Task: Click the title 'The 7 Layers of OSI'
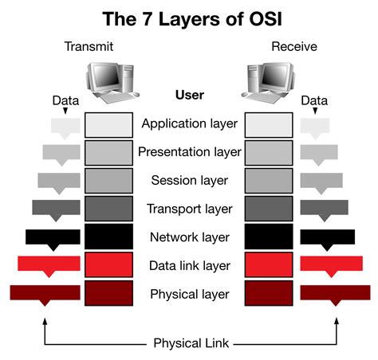click(189, 18)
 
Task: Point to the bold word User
click(189, 95)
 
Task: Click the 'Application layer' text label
click(189, 123)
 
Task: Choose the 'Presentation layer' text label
click(189, 152)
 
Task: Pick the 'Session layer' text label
click(189, 181)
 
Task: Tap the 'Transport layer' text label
click(189, 209)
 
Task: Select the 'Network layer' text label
click(189, 237)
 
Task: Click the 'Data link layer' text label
click(189, 266)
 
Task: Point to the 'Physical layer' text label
click(189, 295)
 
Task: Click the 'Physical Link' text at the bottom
click(190, 343)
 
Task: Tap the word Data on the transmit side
click(66, 100)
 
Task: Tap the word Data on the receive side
click(314, 100)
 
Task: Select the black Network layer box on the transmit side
click(108, 237)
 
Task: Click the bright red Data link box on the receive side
click(269, 265)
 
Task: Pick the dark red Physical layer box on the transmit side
click(108, 294)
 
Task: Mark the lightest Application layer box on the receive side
click(269, 124)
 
